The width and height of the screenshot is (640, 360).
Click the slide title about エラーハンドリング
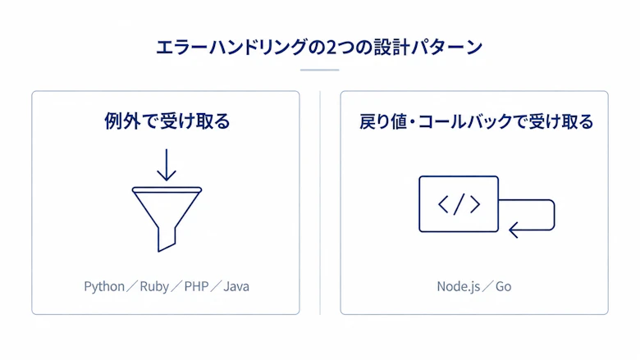tap(319, 48)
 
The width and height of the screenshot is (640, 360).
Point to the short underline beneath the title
tap(320, 71)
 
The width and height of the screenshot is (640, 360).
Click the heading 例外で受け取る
tap(167, 121)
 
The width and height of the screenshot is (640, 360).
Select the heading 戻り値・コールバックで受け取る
tap(476, 121)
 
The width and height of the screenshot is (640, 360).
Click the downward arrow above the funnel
tap(167, 165)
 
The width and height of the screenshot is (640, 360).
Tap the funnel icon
tap(167, 219)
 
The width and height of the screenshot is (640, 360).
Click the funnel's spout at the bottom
tap(167, 240)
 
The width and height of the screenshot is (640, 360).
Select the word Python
tap(104, 287)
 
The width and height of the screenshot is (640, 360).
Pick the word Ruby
tap(154, 287)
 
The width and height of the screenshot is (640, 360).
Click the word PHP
tap(196, 286)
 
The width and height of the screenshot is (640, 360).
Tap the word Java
tap(236, 286)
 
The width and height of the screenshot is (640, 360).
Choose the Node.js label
tap(459, 287)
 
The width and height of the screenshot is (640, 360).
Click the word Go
tap(503, 286)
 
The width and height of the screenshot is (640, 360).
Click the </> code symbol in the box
tap(459, 204)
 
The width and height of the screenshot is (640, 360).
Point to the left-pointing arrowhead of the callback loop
tap(513, 230)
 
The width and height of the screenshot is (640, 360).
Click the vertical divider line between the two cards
tap(320, 203)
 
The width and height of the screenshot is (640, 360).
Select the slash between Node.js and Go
tap(487, 286)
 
